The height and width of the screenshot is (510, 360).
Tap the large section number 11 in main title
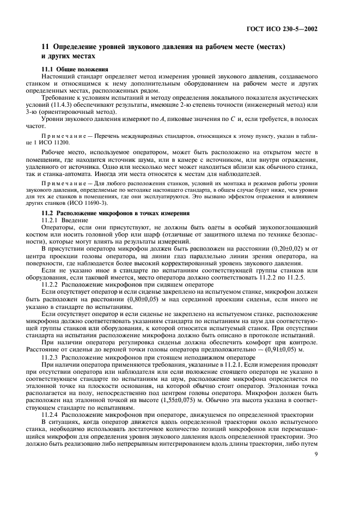click(46, 47)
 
